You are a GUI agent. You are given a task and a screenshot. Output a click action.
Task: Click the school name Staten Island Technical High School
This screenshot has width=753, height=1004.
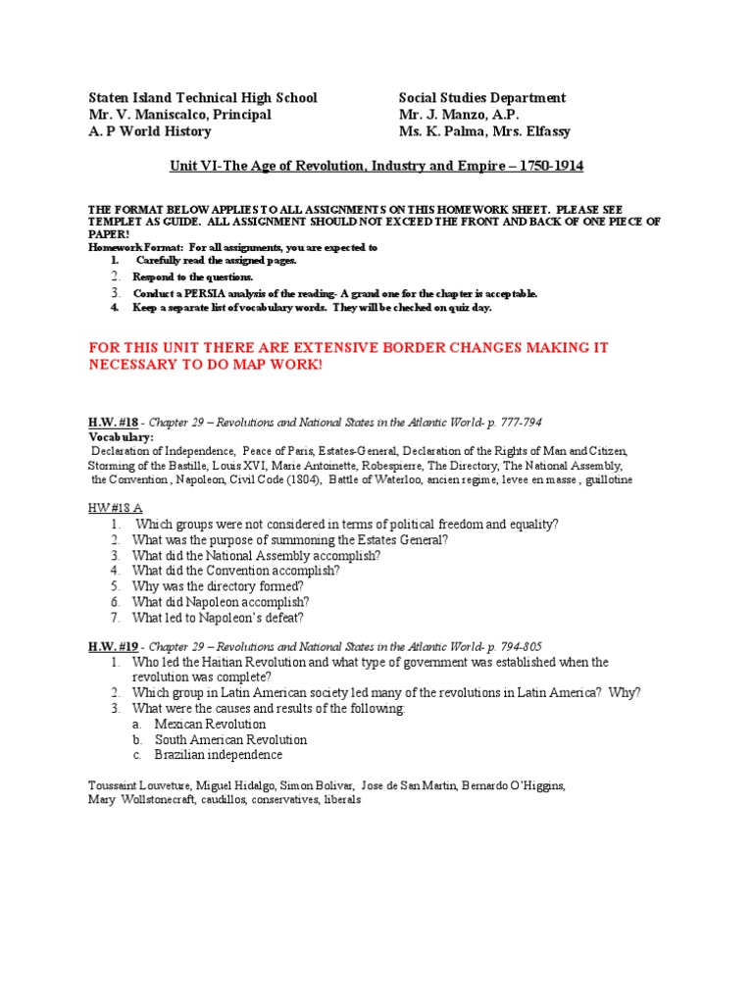coord(203,98)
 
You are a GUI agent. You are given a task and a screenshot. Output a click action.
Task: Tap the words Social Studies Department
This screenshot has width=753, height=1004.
coord(482,98)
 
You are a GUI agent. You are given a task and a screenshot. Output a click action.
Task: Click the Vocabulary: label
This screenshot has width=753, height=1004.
coord(121,437)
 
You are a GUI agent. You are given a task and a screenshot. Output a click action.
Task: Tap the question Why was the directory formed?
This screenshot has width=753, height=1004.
coord(211,586)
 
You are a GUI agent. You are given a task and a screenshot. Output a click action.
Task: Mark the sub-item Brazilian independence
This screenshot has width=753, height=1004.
coord(218,755)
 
